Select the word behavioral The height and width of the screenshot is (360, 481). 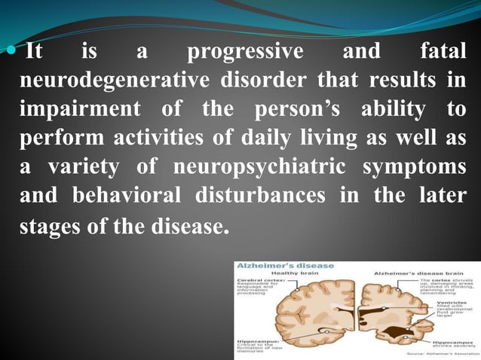pyautogui.click(x=121, y=194)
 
